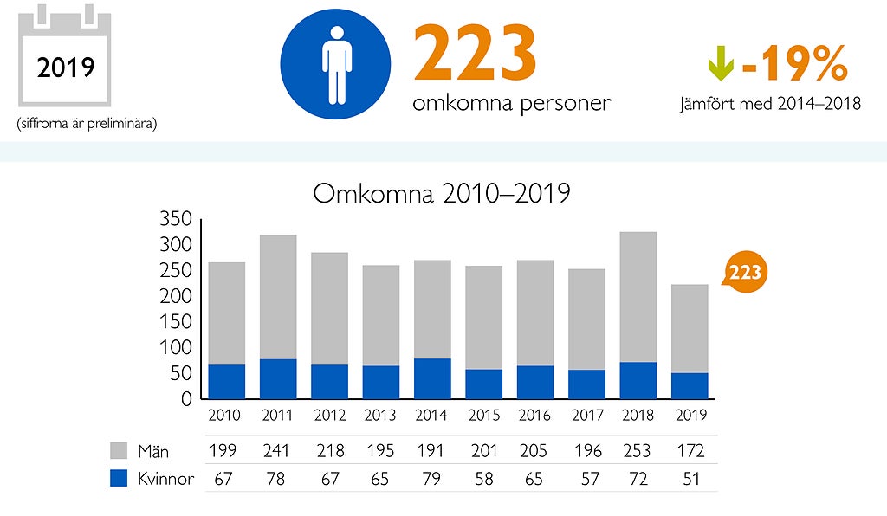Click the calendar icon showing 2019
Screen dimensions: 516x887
pyautogui.click(x=64, y=57)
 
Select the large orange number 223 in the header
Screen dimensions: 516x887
pyautogui.click(x=475, y=54)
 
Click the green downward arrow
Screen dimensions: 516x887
pyautogui.click(x=720, y=61)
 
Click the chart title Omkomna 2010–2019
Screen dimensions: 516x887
pyautogui.click(x=441, y=192)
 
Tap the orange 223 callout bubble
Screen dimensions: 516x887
pyautogui.click(x=744, y=273)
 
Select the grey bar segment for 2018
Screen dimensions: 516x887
pyautogui.click(x=638, y=296)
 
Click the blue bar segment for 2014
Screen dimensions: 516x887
pyautogui.click(x=431, y=378)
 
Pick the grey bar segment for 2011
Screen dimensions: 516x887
pyautogui.click(x=278, y=296)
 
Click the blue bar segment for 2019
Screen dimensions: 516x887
pyautogui.click(x=690, y=385)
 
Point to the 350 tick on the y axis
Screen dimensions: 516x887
pyautogui.click(x=176, y=219)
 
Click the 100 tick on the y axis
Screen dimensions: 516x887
pyautogui.click(x=176, y=348)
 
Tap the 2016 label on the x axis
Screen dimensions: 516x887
pyautogui.click(x=534, y=416)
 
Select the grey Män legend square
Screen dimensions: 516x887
pyautogui.click(x=120, y=450)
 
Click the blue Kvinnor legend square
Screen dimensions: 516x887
pyautogui.click(x=120, y=479)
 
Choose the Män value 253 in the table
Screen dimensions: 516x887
pyautogui.click(x=639, y=450)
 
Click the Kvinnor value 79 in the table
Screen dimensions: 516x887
pyautogui.click(x=431, y=479)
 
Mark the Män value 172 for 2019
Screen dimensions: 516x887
pyautogui.click(x=690, y=450)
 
